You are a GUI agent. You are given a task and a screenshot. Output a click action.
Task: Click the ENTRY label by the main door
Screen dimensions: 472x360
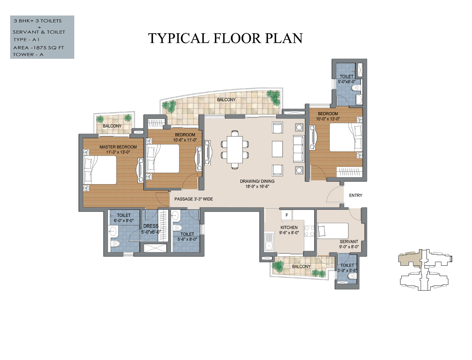tap(356, 195)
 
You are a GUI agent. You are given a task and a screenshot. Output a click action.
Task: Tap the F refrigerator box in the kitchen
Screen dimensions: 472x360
tap(287, 215)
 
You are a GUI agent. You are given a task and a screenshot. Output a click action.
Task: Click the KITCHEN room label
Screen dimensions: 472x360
tap(289, 227)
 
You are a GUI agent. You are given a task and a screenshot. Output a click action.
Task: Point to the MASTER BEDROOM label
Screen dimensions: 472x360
tap(118, 147)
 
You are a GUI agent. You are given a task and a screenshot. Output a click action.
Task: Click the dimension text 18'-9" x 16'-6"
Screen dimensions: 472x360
tap(257, 187)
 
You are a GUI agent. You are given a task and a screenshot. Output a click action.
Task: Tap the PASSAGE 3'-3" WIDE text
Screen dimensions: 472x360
tap(194, 199)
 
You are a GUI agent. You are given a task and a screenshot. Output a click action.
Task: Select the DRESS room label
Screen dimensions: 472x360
tap(151, 226)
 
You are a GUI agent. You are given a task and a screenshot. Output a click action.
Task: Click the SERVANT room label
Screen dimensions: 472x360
tap(349, 241)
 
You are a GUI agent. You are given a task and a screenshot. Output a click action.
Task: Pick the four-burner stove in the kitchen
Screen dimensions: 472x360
tap(309, 231)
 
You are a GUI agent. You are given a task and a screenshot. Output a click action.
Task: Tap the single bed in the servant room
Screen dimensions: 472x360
tap(333, 231)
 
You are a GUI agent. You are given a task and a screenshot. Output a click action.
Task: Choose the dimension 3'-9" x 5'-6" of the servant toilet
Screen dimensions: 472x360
tap(347, 271)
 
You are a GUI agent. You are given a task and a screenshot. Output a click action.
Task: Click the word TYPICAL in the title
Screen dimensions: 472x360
tap(179, 38)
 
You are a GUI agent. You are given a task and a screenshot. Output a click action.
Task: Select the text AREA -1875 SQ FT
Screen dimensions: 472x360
tap(39, 48)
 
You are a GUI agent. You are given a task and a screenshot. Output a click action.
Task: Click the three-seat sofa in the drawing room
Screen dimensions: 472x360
tap(299, 149)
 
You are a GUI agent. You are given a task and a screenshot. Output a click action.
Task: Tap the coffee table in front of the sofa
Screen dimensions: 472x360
tap(277, 149)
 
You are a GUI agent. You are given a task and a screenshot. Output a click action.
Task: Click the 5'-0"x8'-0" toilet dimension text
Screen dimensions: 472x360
tap(346, 82)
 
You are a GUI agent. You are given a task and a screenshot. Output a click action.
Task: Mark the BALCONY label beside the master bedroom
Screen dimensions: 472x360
tap(112, 126)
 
